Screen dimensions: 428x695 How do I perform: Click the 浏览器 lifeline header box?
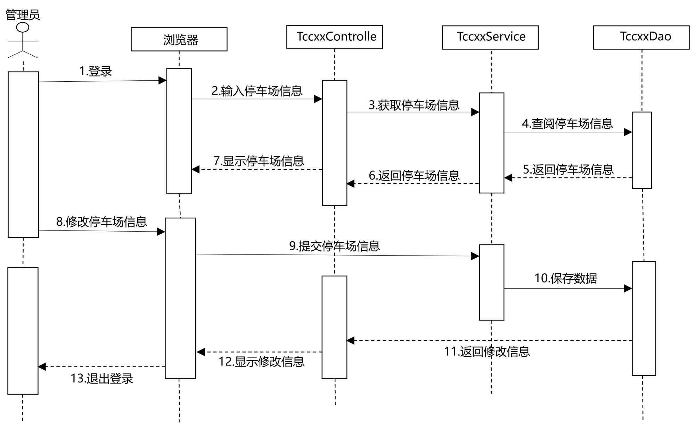pos(179,39)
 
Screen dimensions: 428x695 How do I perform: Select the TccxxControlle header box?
pos(334,37)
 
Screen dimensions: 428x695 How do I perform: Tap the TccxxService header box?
pos(490,37)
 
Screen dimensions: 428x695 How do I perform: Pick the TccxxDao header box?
pos(641,37)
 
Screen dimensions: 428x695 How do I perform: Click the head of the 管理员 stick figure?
pos(23,27)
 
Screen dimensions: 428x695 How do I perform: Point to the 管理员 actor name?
pos(23,15)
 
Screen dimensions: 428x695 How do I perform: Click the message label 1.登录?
pos(96,71)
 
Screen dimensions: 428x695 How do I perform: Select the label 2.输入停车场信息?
pos(257,91)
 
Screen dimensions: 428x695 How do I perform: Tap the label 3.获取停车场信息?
pos(414,105)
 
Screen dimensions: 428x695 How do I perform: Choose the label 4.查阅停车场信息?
pos(567,124)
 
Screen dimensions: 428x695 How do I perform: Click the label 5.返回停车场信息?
pos(568,170)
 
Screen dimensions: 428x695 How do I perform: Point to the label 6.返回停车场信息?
pos(414,176)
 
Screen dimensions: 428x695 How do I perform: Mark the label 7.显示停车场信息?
pos(259,161)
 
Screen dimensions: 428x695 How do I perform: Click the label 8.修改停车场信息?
pos(101,222)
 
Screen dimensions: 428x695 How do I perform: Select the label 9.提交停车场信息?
pos(334,246)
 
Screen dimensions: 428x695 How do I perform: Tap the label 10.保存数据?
pos(565,278)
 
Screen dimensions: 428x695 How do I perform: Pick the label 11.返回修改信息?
pos(486,352)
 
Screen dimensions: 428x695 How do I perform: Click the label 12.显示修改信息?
pos(261,362)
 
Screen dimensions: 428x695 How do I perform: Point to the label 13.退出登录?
pos(102,378)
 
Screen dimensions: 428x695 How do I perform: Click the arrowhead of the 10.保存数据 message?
pos(628,288)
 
